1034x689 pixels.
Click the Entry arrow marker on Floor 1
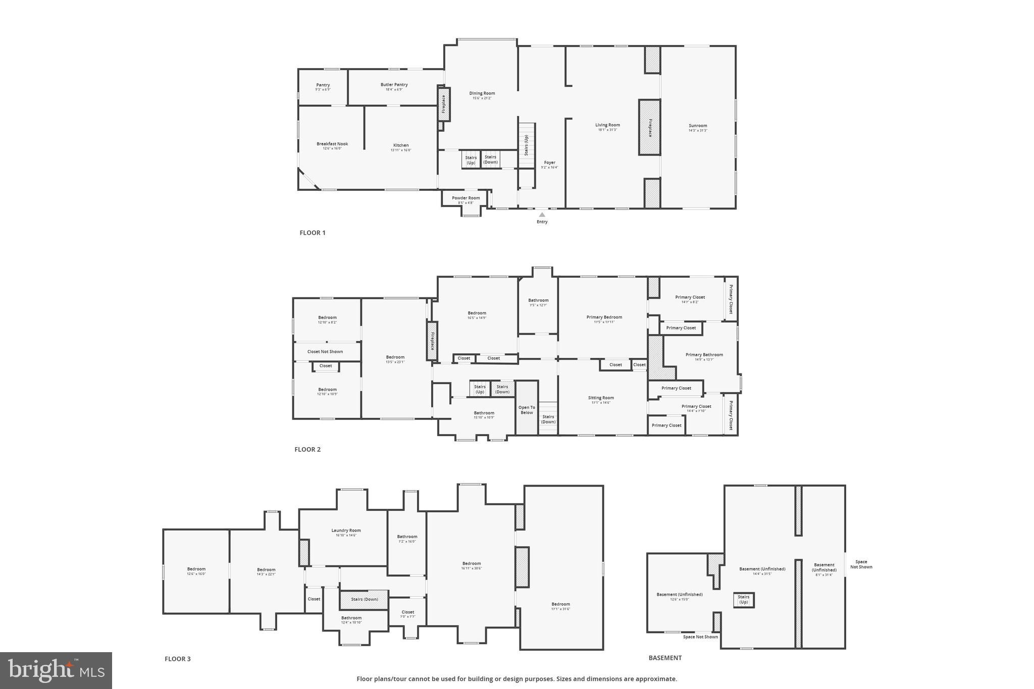(542, 215)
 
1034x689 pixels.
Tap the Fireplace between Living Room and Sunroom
(650, 127)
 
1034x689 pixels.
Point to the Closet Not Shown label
(325, 352)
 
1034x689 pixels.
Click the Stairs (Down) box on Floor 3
(364, 599)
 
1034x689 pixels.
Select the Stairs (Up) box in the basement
(743, 600)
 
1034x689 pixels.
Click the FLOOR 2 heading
(307, 450)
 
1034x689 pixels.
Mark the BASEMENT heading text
(665, 658)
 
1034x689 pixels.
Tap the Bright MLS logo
(56, 670)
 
